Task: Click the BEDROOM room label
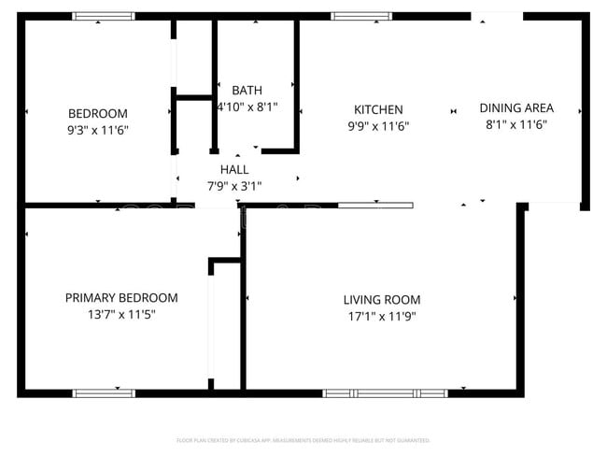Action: pyautogui.click(x=97, y=114)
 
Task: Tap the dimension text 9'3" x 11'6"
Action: pyautogui.click(x=97, y=131)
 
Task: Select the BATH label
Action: pyautogui.click(x=247, y=91)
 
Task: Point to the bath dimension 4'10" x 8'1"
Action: pyautogui.click(x=247, y=107)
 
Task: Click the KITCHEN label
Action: pyautogui.click(x=378, y=109)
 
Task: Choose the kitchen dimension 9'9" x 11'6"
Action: pyautogui.click(x=378, y=126)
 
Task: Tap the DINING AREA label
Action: pyautogui.click(x=516, y=107)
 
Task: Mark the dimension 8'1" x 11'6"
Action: pyautogui.click(x=516, y=124)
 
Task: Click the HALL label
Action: pyautogui.click(x=234, y=169)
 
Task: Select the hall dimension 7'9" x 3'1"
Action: pyautogui.click(x=234, y=185)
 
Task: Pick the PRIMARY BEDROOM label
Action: pyautogui.click(x=121, y=298)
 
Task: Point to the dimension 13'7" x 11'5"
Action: pyautogui.click(x=121, y=315)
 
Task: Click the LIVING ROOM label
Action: pyautogui.click(x=381, y=300)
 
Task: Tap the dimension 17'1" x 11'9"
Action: pyautogui.click(x=381, y=317)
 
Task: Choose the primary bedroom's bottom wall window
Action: pyautogui.click(x=104, y=392)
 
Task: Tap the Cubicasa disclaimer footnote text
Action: pyautogui.click(x=303, y=439)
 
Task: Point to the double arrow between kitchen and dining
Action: pyautogui.click(x=454, y=110)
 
